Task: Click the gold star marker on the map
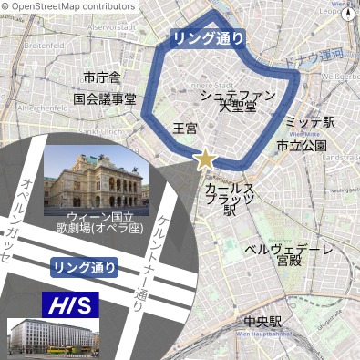pyautogui.click(x=206, y=159)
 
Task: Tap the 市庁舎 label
pyautogui.click(x=101, y=77)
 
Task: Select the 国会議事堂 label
pyautogui.click(x=105, y=98)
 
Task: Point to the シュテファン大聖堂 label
pyautogui.click(x=237, y=99)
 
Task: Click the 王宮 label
pyautogui.click(x=185, y=129)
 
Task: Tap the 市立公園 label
pyautogui.click(x=302, y=145)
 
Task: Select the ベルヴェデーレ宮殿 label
pyautogui.click(x=289, y=254)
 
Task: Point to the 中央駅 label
pyautogui.click(x=262, y=322)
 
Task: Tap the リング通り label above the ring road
pyautogui.click(x=208, y=37)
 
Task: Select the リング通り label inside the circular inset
pyautogui.click(x=84, y=267)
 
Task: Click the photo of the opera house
pyautogui.click(x=94, y=178)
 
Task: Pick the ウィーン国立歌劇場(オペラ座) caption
pyautogui.click(x=94, y=224)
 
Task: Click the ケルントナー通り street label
pyautogui.click(x=152, y=259)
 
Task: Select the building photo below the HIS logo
pyautogui.click(x=51, y=335)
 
